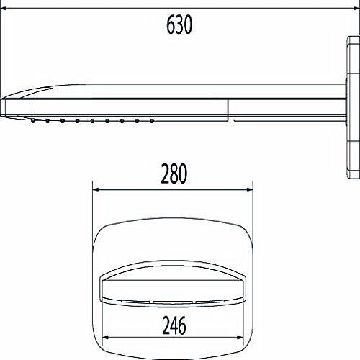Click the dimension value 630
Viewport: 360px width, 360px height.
179,24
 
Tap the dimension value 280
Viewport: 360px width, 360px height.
174,174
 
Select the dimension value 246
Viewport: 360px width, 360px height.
174,325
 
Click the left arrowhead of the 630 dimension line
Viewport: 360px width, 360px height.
4,9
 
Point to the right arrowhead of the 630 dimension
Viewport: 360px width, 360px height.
356,9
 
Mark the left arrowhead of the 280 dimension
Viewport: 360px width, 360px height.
96,189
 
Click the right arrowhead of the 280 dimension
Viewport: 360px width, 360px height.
250,189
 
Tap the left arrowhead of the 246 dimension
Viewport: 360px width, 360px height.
106,338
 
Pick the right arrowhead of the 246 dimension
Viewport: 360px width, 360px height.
240,338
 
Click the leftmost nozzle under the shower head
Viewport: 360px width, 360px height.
32,121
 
